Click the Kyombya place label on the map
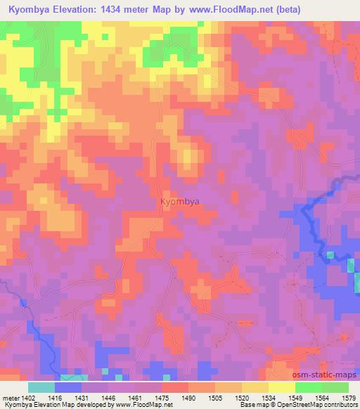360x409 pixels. (x=179, y=202)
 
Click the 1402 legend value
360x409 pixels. (x=28, y=397)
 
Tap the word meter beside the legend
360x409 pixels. (x=10, y=397)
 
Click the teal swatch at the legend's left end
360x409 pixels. (x=41, y=387)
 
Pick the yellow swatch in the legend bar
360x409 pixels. (x=281, y=387)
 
